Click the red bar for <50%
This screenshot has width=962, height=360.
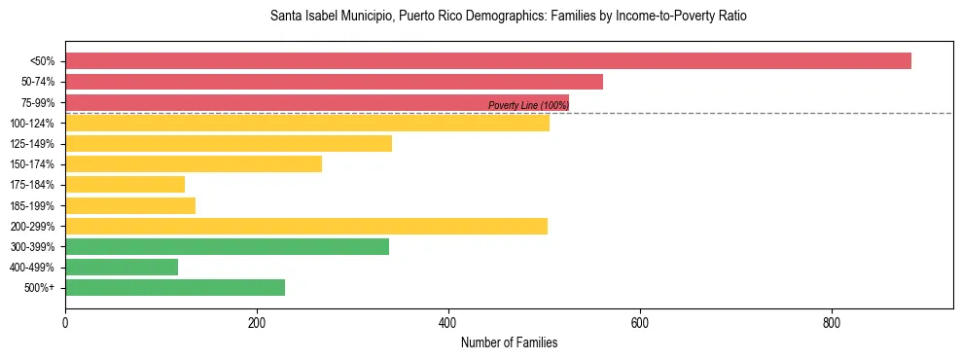[x=487, y=61]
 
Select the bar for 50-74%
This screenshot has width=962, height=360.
[x=334, y=82]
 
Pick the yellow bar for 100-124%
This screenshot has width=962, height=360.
[x=306, y=123]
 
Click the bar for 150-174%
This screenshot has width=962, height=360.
[x=193, y=164]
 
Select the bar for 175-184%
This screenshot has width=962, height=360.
[x=125, y=185]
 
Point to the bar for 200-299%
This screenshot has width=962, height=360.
[x=305, y=227]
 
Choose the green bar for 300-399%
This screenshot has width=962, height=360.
[x=227, y=247]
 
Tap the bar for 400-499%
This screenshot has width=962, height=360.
[x=122, y=268]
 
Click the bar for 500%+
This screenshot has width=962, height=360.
[x=175, y=288]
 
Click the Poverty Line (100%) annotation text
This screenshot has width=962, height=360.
[x=528, y=106]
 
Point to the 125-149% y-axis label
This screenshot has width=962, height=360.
[x=32, y=144]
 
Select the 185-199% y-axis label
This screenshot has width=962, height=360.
[x=32, y=206]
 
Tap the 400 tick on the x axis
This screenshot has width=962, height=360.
[x=448, y=323]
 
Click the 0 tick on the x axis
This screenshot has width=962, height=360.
[x=65, y=323]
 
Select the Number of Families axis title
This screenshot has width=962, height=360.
[x=509, y=343]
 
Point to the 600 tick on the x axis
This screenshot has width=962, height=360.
[x=640, y=323]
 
